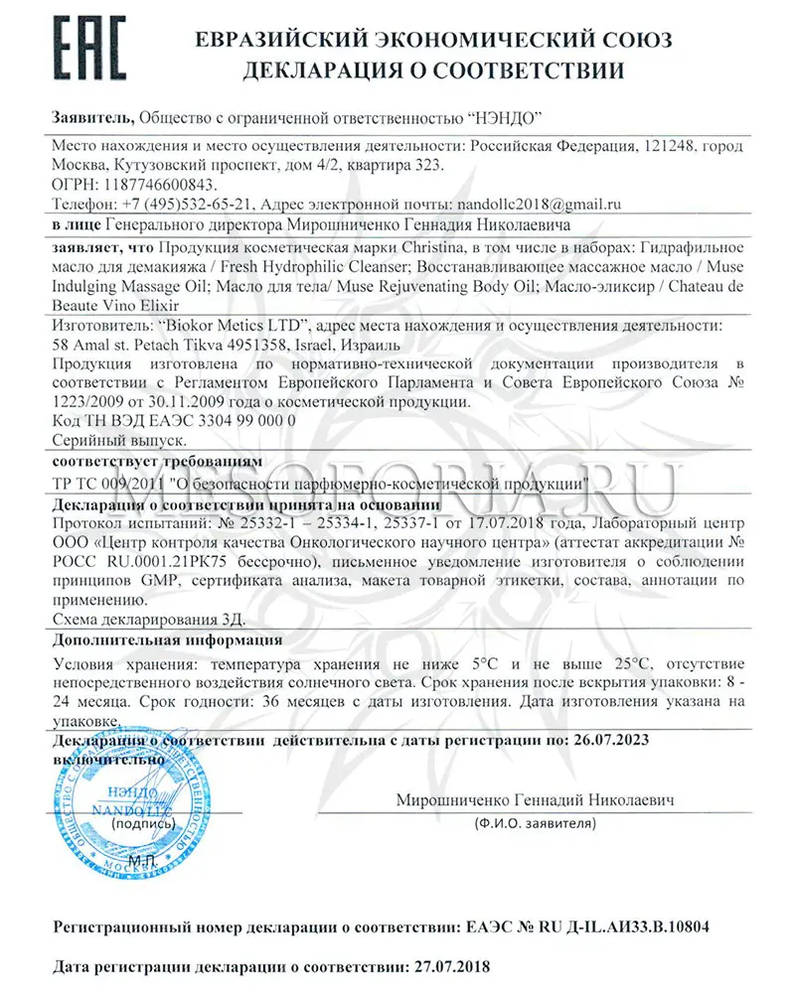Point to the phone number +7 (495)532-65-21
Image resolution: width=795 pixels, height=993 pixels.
179,205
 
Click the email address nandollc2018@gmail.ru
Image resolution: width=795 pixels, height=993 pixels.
538,205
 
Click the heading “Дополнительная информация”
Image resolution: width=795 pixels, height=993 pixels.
167,640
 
